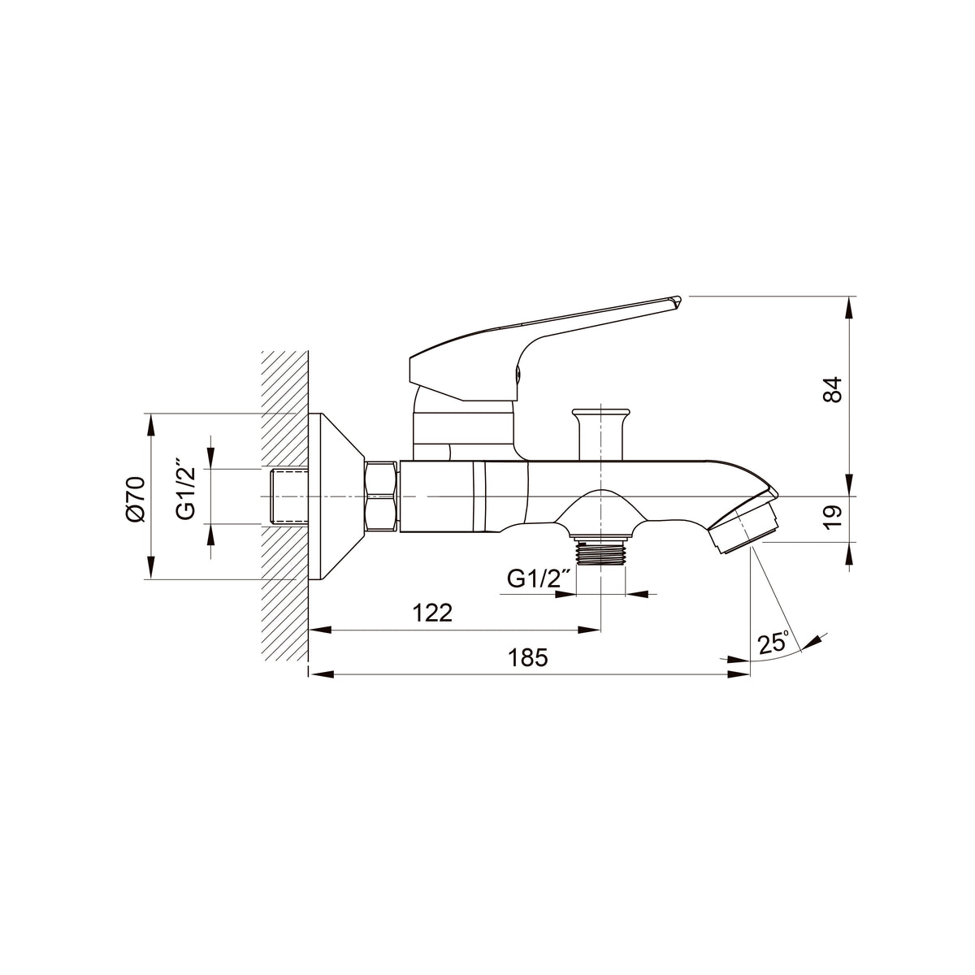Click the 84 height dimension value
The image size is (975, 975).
point(833,390)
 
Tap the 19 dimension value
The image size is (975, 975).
point(833,518)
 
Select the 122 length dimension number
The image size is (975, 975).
point(432,613)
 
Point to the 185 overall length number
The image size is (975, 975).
point(528,658)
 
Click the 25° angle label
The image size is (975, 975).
point(773,643)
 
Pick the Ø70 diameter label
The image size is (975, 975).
point(136,498)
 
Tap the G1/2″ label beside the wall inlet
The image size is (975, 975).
point(186,489)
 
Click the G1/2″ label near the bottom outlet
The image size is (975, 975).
point(539,579)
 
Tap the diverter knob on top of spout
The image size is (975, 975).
point(600,434)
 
